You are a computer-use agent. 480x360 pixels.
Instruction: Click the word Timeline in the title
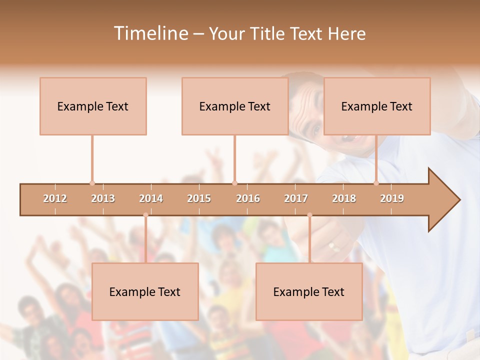150,33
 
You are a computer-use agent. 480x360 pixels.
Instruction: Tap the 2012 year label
55,198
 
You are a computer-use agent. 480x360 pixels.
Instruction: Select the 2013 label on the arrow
103,198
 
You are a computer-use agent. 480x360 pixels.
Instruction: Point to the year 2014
151,198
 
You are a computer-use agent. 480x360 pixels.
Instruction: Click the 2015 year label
199,198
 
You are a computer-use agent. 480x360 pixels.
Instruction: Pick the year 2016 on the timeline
248,198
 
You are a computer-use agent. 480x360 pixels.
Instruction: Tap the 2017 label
296,198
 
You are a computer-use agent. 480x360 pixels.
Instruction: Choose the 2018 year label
344,198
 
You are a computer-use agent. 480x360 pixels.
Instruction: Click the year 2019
392,198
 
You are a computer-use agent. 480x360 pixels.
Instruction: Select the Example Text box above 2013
93,106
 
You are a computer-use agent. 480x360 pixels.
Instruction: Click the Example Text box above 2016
235,106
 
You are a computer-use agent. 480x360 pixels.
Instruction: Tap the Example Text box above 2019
377,106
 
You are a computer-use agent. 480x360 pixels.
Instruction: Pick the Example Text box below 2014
145,291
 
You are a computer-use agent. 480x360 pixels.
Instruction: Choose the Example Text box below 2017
309,291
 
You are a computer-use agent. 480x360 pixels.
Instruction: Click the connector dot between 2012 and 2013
92,183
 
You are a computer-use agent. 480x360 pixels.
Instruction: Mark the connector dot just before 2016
234,183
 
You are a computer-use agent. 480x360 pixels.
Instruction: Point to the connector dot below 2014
145,215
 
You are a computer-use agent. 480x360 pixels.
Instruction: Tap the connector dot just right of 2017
309,215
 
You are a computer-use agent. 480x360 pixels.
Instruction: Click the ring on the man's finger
332,246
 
